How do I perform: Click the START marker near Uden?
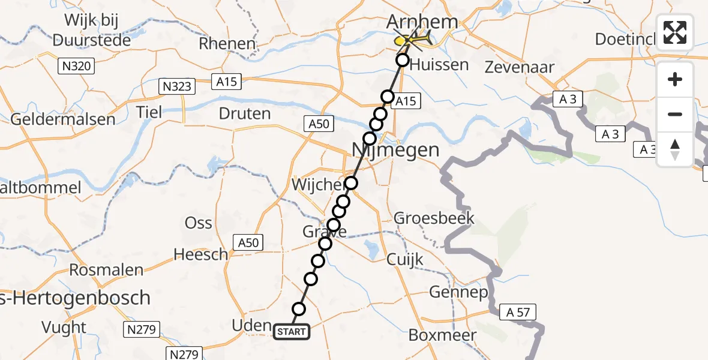[292, 331]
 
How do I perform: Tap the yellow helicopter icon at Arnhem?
[412, 40]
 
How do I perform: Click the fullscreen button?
[675, 32]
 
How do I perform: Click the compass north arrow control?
[675, 149]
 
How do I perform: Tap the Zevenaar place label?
[520, 67]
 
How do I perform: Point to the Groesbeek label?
[434, 218]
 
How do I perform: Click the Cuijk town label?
[405, 259]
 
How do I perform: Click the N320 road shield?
[77, 66]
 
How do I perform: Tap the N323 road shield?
[178, 86]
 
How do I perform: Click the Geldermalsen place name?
[62, 119]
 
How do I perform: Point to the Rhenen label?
[227, 43]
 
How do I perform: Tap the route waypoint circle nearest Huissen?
[402, 60]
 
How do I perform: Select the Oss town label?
[198, 223]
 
